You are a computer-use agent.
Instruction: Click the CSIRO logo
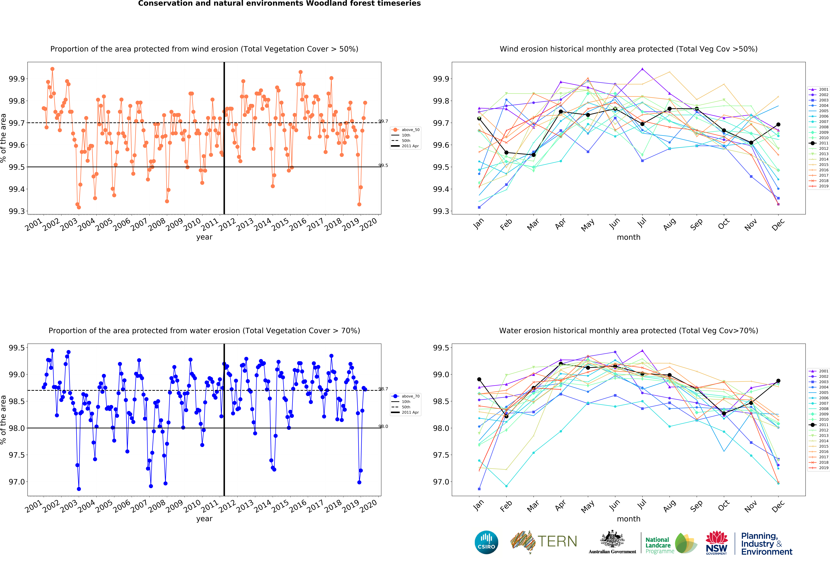click(x=486, y=542)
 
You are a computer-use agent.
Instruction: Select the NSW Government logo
click(x=716, y=543)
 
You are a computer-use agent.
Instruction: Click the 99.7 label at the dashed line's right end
click(x=383, y=121)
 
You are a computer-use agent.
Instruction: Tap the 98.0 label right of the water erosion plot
click(x=383, y=427)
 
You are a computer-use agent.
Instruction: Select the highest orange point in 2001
click(x=53, y=69)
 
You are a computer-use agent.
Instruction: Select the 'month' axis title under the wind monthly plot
click(x=629, y=237)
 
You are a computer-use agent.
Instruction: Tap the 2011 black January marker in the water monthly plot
click(x=479, y=379)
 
